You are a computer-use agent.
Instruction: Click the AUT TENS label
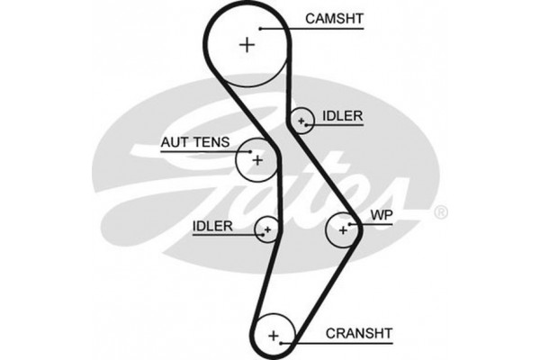pyautogui.click(x=194, y=141)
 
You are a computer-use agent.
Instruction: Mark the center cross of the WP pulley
pyautogui.click(x=343, y=230)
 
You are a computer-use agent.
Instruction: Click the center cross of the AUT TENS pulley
pyautogui.click(x=256, y=160)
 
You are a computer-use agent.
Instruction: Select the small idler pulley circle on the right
pyautogui.click(x=301, y=120)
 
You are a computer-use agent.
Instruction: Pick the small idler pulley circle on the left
pyautogui.click(x=267, y=230)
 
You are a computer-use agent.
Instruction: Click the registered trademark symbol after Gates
pyautogui.click(x=440, y=213)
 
